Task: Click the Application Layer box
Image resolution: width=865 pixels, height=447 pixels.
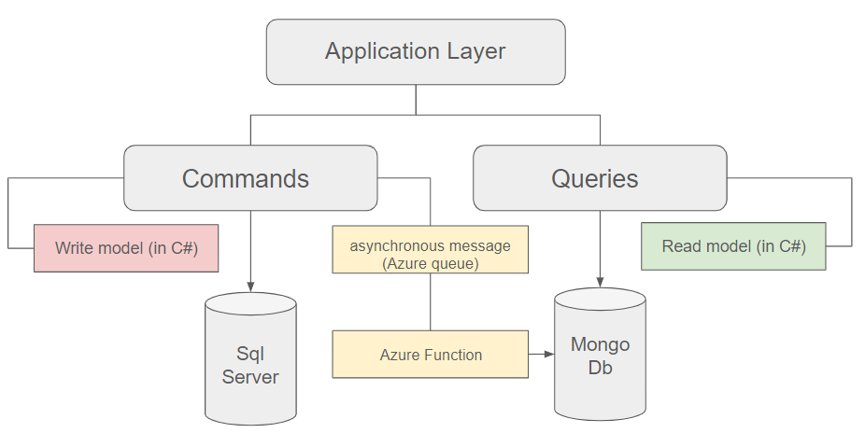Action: pos(416,52)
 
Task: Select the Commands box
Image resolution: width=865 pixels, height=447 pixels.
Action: pos(250,178)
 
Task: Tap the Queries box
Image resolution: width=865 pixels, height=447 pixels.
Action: pos(601,178)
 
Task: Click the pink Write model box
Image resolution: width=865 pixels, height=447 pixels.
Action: pos(126,248)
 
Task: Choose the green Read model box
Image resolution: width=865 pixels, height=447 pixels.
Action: pos(733,246)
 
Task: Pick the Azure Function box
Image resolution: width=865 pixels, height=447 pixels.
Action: pos(431,355)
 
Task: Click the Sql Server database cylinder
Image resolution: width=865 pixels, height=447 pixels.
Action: pos(250,358)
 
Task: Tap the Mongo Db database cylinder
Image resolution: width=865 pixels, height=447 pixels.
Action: pos(601,355)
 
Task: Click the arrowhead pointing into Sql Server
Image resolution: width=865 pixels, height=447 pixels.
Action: pos(250,287)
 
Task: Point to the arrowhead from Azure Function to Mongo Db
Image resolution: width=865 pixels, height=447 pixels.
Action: pos(549,354)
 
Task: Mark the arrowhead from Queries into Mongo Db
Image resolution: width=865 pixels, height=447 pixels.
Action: pos(601,282)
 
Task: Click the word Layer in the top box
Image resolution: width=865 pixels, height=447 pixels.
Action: pos(476,51)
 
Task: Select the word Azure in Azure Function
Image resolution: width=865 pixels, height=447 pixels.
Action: pos(397,355)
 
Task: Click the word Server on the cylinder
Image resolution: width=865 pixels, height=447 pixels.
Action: pos(250,377)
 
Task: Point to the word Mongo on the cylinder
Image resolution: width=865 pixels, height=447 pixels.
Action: pos(601,344)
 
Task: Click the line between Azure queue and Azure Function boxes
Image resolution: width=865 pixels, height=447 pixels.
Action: pos(431,302)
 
